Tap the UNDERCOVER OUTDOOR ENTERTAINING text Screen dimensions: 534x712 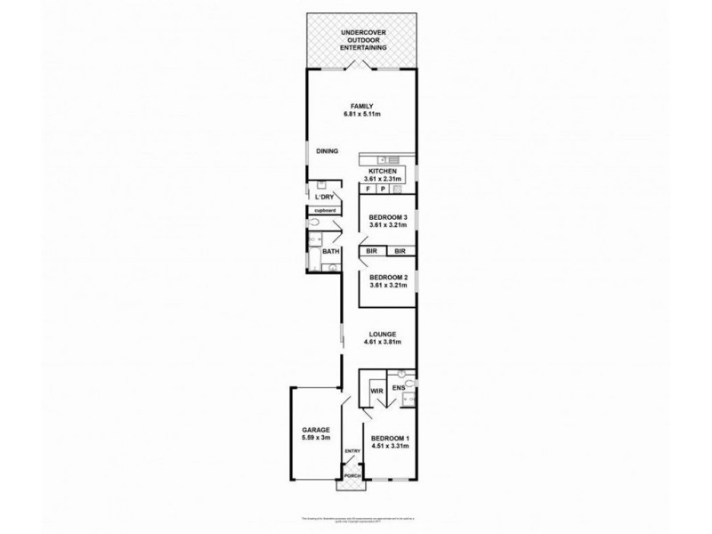[x=363, y=40]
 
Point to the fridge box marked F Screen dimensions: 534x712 [x=367, y=190]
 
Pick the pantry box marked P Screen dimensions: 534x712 [x=383, y=190]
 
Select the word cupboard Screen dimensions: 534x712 [x=323, y=210]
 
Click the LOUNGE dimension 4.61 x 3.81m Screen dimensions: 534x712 [x=386, y=342]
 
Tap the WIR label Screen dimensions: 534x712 [x=376, y=391]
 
